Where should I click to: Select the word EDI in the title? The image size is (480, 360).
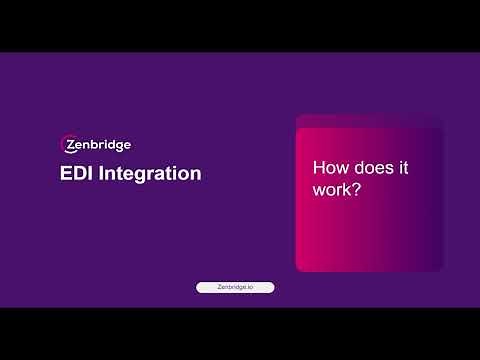[x=77, y=173]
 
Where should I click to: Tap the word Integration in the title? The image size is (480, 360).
[x=151, y=173]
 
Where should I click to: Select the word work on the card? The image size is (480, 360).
[x=332, y=188]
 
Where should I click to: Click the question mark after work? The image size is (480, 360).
[x=356, y=188]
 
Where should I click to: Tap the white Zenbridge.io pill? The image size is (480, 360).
[x=235, y=287]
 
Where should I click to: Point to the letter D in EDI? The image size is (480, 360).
[x=79, y=173]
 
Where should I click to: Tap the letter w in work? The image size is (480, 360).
[x=320, y=188]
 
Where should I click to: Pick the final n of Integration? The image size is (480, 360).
[x=196, y=173]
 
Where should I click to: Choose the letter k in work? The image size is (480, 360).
[x=346, y=188]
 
